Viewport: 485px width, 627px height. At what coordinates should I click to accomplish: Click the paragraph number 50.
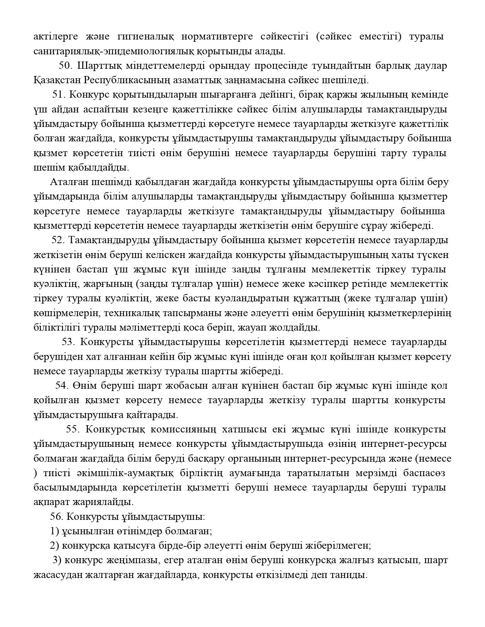click(x=65, y=66)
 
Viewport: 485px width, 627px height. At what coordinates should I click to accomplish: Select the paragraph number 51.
click(x=59, y=95)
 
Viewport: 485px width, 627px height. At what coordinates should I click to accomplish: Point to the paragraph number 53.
click(x=69, y=342)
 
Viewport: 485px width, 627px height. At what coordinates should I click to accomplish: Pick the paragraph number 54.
click(x=62, y=386)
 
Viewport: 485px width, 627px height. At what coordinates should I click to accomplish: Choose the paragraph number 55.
click(x=73, y=429)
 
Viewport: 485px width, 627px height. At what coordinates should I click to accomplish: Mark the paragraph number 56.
click(x=57, y=517)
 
